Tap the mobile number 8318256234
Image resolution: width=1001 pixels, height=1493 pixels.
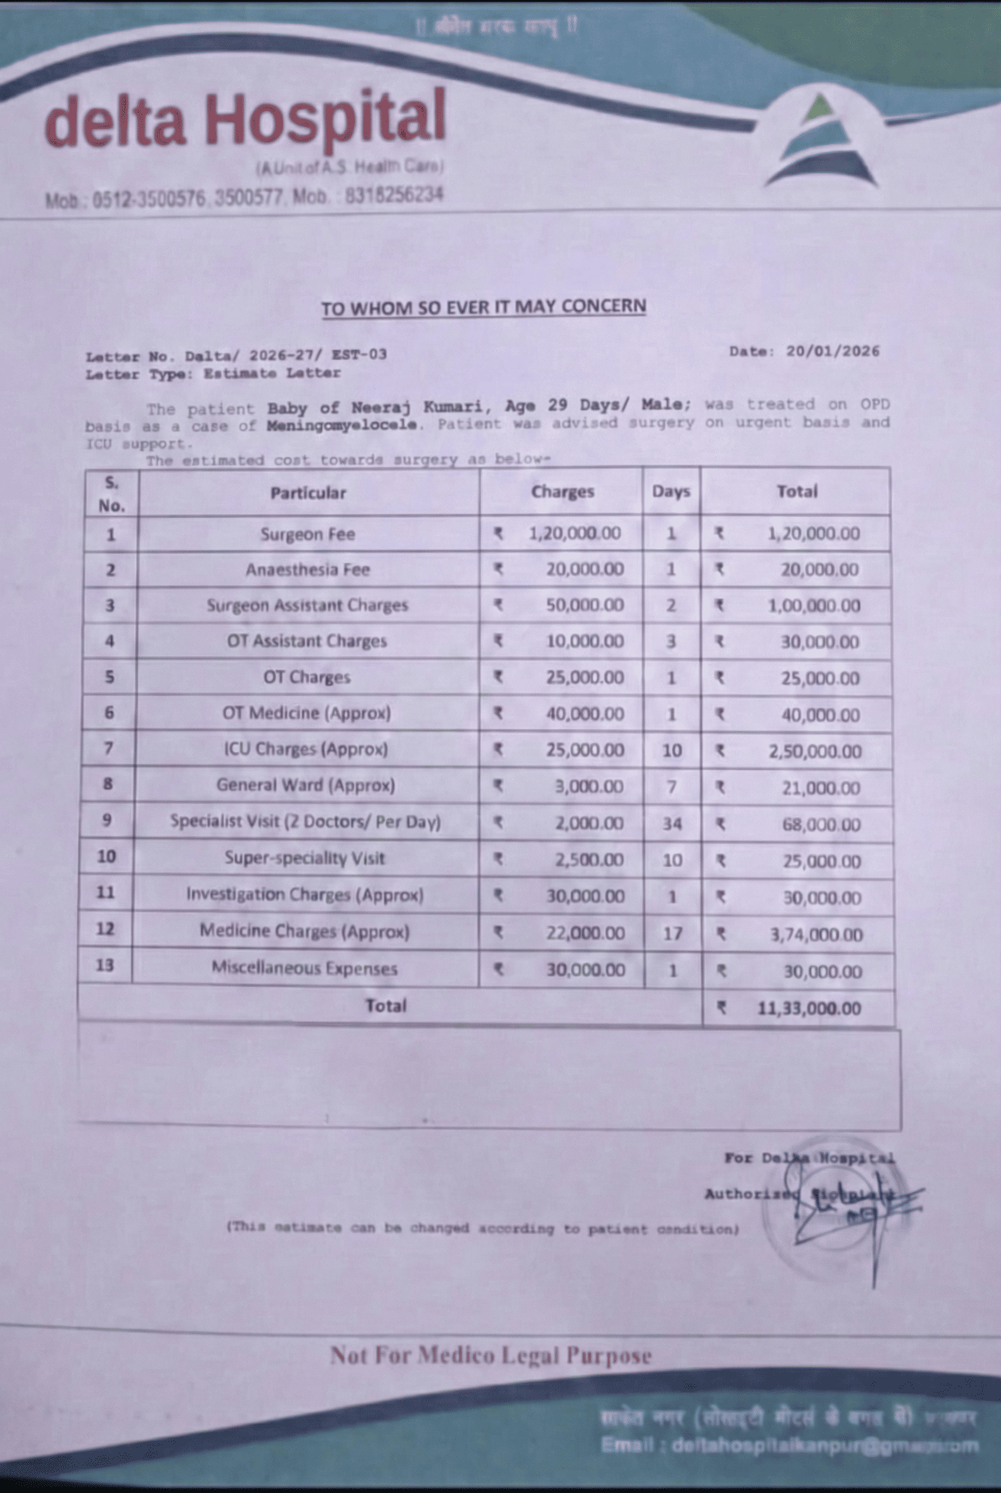coord(394,195)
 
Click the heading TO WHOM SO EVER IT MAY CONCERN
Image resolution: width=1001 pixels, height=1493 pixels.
coord(483,307)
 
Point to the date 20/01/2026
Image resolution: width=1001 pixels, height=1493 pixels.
coord(832,351)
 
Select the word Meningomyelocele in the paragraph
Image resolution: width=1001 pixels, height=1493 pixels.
coord(342,424)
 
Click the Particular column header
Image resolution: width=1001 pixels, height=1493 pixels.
coord(308,493)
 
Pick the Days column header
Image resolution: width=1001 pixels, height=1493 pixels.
coord(671,491)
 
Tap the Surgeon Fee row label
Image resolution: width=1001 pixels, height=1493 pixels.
coord(308,534)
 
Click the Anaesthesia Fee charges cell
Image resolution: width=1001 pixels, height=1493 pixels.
coord(584,569)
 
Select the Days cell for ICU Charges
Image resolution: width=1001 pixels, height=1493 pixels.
coord(672,750)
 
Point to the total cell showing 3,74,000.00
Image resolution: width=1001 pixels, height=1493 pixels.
coord(815,935)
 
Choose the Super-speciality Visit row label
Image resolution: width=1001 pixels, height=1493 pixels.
coord(305,858)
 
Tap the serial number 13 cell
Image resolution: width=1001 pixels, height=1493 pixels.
coord(104,964)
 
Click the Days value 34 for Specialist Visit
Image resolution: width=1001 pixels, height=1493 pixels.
coord(672,823)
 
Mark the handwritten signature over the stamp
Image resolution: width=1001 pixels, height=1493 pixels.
coord(849,1201)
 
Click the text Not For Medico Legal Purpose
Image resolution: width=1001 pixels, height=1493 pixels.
coord(490,1355)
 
